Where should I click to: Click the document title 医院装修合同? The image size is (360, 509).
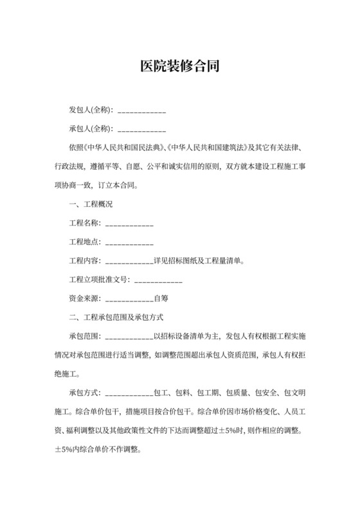click(180, 66)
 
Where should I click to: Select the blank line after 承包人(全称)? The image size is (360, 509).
click(142, 130)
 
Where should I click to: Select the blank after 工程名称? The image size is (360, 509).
click(129, 224)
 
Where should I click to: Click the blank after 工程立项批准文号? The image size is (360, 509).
click(158, 281)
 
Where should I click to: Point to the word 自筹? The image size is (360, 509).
click(161, 299)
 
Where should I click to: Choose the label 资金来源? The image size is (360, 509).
click(84, 299)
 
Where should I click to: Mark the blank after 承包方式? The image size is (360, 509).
click(129, 393)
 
